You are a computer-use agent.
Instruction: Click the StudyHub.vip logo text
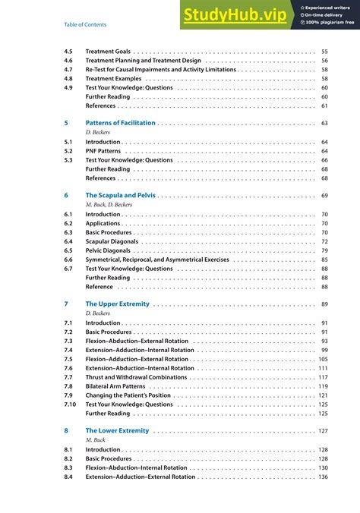pyautogui.click(x=235, y=15)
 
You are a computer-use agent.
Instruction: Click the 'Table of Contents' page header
pyautogui.click(x=85, y=25)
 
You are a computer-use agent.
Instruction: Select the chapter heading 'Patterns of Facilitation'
pyautogui.click(x=120, y=122)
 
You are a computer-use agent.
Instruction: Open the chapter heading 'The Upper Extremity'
pyautogui.click(x=118, y=304)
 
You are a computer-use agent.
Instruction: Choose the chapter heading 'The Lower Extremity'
pyautogui.click(x=118, y=430)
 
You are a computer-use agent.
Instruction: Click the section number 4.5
pyautogui.click(x=68, y=50)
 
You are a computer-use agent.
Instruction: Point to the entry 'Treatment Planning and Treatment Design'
pyautogui.click(x=143, y=60)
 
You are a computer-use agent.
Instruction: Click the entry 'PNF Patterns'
pyautogui.click(x=103, y=151)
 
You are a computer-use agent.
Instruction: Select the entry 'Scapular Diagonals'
pyautogui.click(x=112, y=241)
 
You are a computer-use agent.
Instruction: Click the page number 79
pyautogui.click(x=324, y=250)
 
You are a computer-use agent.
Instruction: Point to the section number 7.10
pyautogui.click(x=70, y=404)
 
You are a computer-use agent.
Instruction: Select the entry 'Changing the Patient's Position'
pyautogui.click(x=128, y=395)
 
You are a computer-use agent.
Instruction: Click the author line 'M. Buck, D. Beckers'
pyautogui.click(x=109, y=205)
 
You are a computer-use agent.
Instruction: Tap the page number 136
pyautogui.click(x=323, y=477)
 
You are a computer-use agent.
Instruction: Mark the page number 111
pyautogui.click(x=323, y=368)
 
